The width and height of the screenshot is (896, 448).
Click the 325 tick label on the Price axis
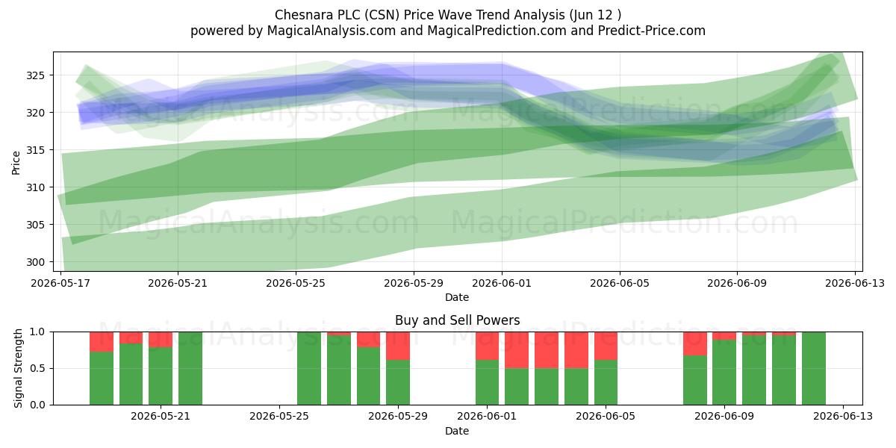click(35, 75)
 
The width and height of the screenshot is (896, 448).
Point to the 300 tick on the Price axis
click(35, 262)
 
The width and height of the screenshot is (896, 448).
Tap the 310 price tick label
click(35, 187)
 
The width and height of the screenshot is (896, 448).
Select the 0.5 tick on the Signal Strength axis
click(37, 368)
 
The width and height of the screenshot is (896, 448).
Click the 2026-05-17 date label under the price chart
click(60, 283)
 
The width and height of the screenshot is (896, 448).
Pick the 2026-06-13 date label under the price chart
click(855, 283)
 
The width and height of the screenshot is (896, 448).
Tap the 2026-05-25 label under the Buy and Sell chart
click(279, 417)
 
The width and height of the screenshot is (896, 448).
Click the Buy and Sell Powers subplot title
click(457, 320)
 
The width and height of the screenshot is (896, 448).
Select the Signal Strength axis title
click(18, 368)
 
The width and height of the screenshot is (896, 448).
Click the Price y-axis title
click(16, 163)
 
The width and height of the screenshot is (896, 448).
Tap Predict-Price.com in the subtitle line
click(651, 31)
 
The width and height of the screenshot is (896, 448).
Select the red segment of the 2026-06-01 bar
click(487, 346)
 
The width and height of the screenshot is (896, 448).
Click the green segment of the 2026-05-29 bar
click(398, 382)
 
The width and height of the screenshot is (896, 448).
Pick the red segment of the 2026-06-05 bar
click(606, 346)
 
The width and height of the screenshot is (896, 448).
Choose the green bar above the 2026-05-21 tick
click(161, 376)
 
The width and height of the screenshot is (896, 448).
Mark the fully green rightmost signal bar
click(814, 368)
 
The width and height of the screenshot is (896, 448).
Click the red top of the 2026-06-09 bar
click(724, 335)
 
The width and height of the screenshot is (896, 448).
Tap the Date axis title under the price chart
click(457, 297)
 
